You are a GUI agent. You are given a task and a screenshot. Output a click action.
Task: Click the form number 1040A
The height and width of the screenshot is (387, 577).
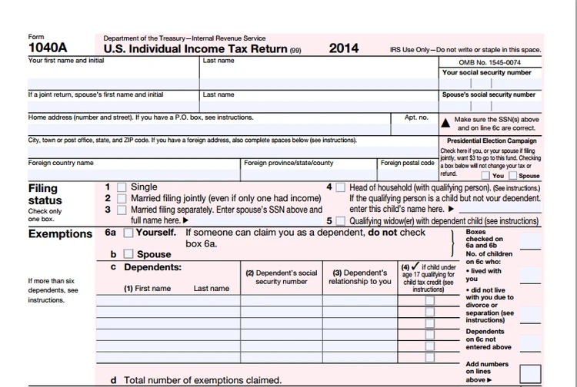pos(45,48)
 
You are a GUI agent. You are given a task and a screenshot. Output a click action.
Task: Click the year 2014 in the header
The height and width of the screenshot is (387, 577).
pos(344,48)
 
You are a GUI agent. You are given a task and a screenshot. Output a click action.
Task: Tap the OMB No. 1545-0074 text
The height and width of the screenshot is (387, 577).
pos(489,62)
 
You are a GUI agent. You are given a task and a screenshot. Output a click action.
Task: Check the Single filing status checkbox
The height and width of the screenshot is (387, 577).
pos(122,187)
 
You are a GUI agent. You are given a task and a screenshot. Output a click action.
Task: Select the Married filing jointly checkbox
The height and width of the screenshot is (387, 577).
pos(122,198)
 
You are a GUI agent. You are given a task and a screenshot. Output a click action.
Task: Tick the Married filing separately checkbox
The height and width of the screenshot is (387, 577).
pos(122,209)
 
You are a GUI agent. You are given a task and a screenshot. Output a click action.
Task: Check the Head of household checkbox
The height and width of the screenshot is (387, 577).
pos(340,187)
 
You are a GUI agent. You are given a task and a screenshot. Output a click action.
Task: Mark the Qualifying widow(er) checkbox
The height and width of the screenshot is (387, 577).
pos(340,221)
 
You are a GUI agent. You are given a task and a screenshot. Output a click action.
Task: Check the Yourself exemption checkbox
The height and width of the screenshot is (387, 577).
pos(128,233)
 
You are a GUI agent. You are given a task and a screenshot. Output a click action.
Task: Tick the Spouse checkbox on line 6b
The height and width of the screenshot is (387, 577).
pos(128,254)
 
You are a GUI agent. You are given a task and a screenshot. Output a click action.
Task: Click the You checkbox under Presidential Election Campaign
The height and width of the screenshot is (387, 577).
pos(486,176)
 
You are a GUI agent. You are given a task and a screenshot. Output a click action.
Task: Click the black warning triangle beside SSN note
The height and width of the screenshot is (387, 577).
pos(445,122)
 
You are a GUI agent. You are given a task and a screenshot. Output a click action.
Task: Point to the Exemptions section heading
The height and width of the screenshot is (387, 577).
pos(60,234)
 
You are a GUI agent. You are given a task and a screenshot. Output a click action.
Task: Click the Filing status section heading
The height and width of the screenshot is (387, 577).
pos(45,194)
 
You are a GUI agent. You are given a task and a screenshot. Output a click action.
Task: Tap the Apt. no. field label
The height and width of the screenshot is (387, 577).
pos(416,117)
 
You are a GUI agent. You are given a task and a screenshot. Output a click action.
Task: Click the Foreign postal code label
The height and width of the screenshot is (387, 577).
pos(407,163)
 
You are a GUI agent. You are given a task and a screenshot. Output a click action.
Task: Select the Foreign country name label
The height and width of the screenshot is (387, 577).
pos(61,163)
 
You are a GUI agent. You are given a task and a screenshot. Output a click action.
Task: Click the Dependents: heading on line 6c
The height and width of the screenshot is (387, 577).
pos(152,267)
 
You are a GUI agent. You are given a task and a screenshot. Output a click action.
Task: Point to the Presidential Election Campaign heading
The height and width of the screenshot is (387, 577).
pos(492,141)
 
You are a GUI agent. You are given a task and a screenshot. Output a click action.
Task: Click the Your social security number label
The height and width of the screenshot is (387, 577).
pos(487,73)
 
